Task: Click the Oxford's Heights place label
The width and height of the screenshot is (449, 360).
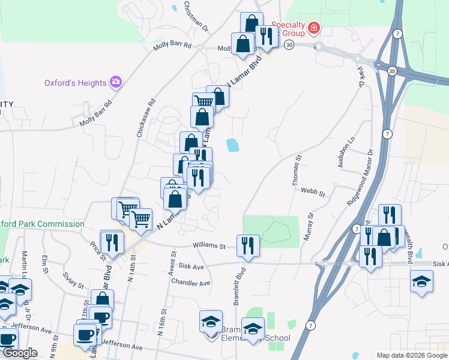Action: tap(75, 83)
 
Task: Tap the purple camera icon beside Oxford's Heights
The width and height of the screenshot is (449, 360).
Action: tap(116, 82)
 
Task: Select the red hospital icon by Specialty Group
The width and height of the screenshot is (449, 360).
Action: tap(314, 28)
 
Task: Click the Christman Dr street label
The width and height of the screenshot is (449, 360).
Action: tap(196, 16)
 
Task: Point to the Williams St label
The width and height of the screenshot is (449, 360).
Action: tap(209, 245)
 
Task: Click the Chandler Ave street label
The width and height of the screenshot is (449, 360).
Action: tap(190, 283)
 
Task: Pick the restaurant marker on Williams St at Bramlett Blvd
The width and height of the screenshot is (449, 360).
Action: tap(248, 244)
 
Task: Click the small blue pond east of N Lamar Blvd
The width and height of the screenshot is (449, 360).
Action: tap(231, 145)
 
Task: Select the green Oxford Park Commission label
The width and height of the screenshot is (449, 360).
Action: tap(43, 224)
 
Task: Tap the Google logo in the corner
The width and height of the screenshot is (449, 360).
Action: tap(19, 353)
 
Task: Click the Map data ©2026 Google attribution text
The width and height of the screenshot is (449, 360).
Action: tap(411, 355)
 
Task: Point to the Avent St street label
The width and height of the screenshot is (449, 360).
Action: tap(172, 260)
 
